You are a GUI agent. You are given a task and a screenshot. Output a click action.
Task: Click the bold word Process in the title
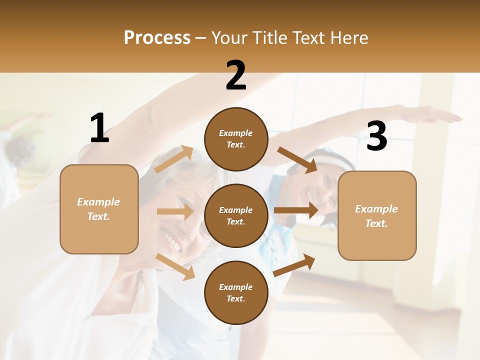click(157, 38)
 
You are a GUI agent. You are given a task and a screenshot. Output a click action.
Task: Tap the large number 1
click(99, 128)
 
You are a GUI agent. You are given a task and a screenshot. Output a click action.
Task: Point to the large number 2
click(236, 75)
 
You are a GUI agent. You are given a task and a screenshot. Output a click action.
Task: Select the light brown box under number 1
click(99, 209)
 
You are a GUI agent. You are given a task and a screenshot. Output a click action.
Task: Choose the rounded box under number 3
click(377, 215)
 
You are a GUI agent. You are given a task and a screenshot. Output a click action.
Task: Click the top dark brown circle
click(236, 139)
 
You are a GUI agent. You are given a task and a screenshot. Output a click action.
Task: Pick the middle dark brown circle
click(236, 215)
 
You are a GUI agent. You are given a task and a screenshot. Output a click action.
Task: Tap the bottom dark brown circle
click(236, 292)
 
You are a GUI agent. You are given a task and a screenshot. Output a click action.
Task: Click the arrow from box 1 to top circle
click(174, 159)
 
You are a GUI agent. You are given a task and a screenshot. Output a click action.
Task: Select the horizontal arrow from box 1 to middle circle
click(175, 212)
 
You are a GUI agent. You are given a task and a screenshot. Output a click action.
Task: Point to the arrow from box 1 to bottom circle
click(175, 266)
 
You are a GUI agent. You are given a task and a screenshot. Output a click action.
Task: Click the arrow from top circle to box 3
click(297, 159)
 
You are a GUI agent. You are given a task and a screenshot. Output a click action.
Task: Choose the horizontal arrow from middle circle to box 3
click(296, 210)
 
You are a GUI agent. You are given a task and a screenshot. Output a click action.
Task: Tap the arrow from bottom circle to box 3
click(294, 265)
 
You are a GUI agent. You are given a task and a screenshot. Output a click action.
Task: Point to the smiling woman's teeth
click(171, 241)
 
